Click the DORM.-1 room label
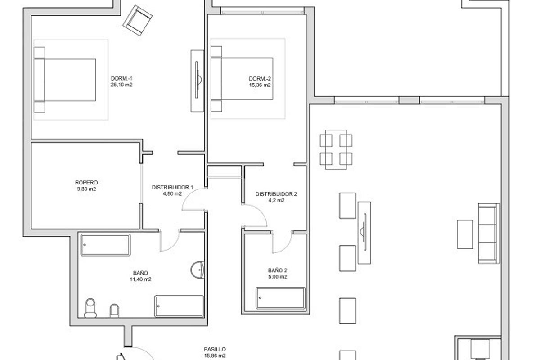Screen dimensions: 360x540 (121, 78)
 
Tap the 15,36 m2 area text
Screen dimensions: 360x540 (260, 85)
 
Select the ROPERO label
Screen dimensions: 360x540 (87, 183)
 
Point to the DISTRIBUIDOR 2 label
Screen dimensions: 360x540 (276, 194)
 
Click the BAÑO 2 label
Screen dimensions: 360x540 (278, 270)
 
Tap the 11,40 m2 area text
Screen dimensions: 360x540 (140, 279)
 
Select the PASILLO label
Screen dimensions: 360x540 (214, 349)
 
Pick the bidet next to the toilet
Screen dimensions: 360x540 (114, 310)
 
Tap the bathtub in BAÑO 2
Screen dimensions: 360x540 (281, 298)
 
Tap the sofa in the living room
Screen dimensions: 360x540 (489, 233)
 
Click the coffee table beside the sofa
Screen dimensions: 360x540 (465, 234)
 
